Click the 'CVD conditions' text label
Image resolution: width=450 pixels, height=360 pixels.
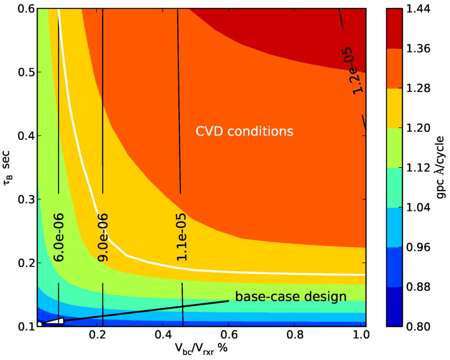pos(244,131)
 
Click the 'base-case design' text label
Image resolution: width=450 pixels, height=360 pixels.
pos(290,296)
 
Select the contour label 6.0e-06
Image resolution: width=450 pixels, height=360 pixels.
pos(58,237)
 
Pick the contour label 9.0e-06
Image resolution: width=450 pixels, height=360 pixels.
pos(103,237)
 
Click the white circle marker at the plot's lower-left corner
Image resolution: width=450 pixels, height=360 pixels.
pos(39,324)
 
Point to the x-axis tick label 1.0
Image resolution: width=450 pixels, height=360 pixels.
pos(360,335)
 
